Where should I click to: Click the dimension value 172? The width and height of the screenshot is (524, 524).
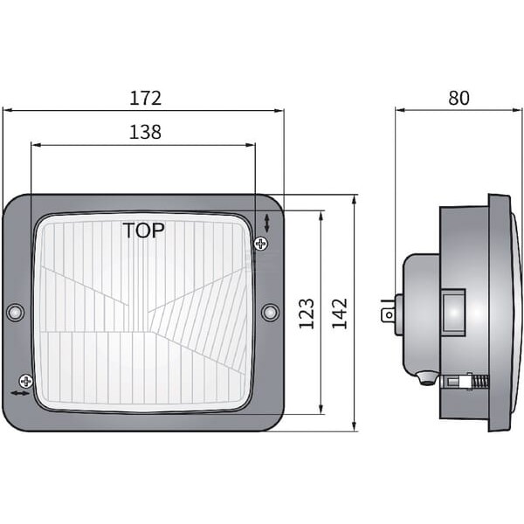click(x=145, y=98)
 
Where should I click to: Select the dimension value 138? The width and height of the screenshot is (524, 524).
click(x=145, y=132)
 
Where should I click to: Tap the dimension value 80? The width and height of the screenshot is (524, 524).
click(x=458, y=98)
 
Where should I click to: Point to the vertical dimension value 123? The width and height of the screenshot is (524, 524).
click(x=307, y=314)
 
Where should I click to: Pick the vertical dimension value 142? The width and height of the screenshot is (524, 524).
click(x=340, y=314)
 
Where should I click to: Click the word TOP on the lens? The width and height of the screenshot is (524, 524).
click(x=144, y=231)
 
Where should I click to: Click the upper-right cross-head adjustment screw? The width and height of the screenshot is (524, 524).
click(x=261, y=244)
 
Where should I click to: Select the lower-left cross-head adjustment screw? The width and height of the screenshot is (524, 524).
click(x=26, y=381)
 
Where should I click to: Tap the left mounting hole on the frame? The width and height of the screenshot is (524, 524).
click(x=16, y=313)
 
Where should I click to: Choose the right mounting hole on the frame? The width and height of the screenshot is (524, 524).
click(x=270, y=313)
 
